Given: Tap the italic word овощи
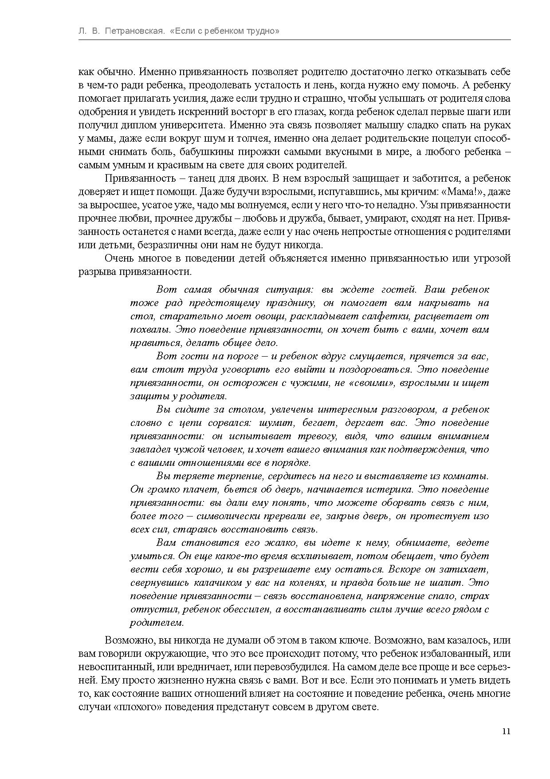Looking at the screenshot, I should click(x=241, y=316).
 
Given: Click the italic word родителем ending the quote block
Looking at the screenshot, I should click(x=157, y=623).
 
